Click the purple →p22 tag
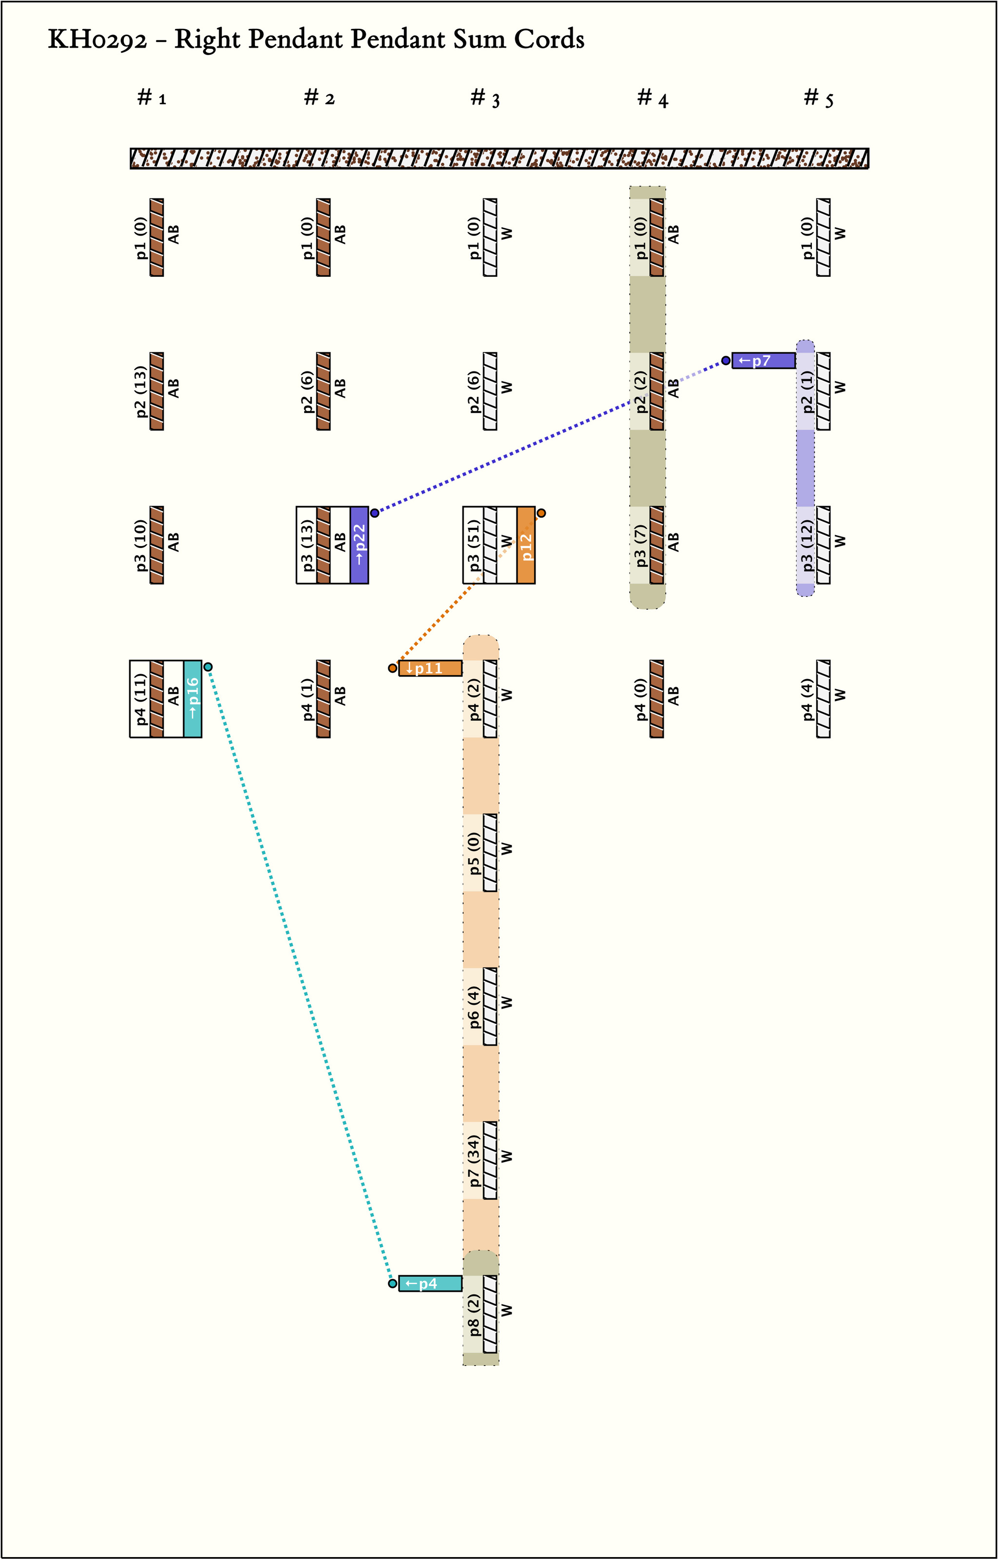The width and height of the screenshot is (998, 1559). pos(359,545)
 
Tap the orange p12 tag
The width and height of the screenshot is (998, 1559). pos(526,545)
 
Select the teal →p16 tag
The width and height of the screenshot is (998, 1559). pos(192,699)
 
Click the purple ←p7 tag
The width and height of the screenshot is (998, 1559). pos(764,360)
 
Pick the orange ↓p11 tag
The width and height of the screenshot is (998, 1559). pos(430,668)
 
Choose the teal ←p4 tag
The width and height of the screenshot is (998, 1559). pos(430,1284)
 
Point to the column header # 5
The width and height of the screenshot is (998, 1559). pos(819,98)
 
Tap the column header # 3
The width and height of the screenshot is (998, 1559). pos(485,98)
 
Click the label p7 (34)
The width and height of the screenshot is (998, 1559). pos(474,1160)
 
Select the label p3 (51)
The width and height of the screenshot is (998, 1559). pos(474,545)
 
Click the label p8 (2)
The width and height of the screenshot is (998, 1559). pos(474,1315)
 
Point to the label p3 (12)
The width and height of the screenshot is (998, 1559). pos(807,545)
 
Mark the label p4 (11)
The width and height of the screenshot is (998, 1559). pos(140,699)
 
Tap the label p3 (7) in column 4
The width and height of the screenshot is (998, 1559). pos(640,545)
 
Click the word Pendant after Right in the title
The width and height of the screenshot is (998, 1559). pos(295,40)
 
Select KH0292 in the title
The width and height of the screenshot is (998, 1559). pos(97,40)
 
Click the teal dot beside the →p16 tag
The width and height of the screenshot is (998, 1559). pos(208,667)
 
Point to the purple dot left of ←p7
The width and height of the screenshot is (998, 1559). pos(726,360)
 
